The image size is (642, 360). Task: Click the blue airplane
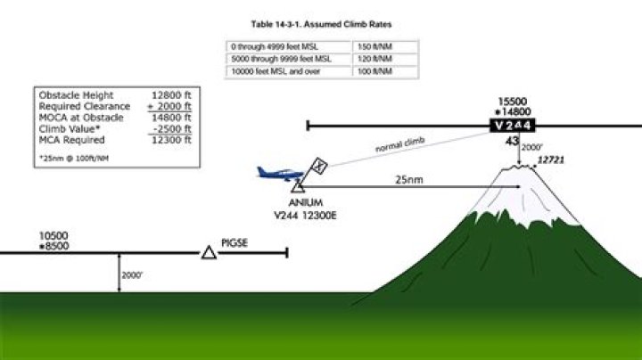pyautogui.click(x=277, y=172)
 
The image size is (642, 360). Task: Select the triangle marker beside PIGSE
pyautogui.click(x=208, y=253)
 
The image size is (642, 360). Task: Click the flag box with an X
pyautogui.click(x=319, y=167)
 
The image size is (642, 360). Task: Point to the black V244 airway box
pyautogui.click(x=520, y=126)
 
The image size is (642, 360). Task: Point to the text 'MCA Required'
pyautogui.click(x=72, y=140)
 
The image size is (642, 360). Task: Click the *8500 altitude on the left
pyautogui.click(x=53, y=245)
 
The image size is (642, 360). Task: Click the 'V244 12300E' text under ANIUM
pyautogui.click(x=305, y=215)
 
